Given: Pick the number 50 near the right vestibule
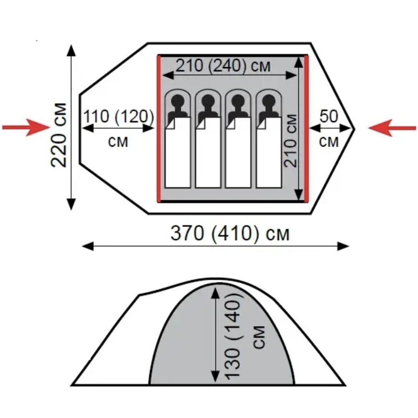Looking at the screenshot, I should (329, 117).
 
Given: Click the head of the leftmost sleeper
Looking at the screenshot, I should (178, 101).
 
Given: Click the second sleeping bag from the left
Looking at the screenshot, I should (208, 153).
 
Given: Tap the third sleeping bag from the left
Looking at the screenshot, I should (238, 153).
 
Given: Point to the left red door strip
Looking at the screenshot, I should (159, 128).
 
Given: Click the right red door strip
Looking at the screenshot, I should (306, 128).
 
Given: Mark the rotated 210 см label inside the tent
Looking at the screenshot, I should (291, 140).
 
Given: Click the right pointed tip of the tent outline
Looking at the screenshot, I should (354, 128).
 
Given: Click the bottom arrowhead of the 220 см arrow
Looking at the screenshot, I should (71, 205).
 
